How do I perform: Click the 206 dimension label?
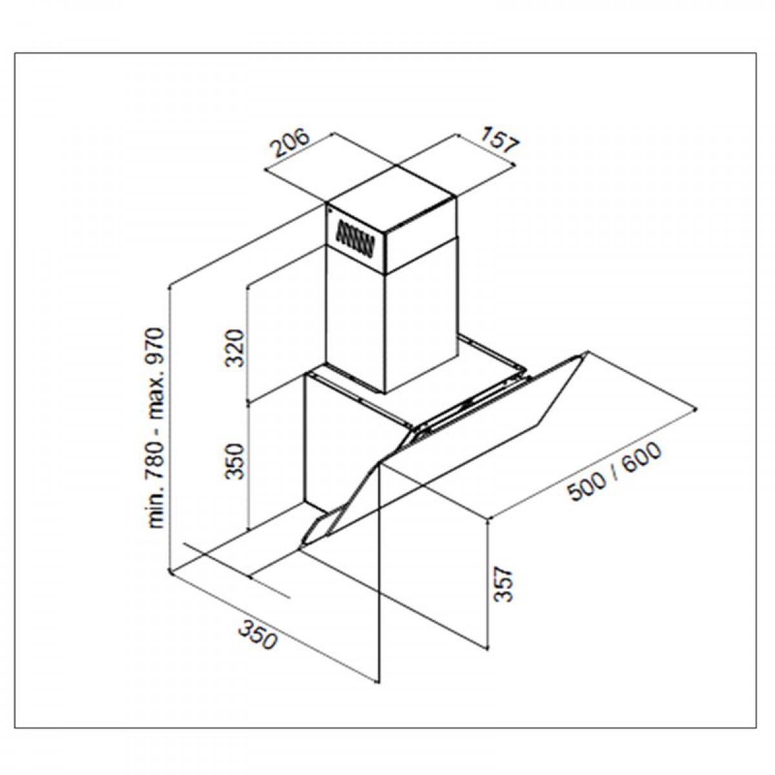pyautogui.click(x=291, y=142)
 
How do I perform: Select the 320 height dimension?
pyautogui.click(x=235, y=348)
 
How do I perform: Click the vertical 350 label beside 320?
pyautogui.click(x=235, y=460)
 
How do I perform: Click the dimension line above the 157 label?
pyautogui.click(x=485, y=149)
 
